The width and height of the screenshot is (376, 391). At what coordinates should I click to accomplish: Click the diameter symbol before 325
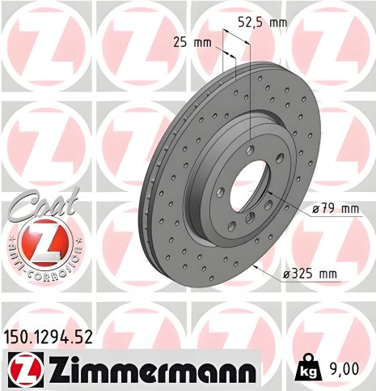point(288,274)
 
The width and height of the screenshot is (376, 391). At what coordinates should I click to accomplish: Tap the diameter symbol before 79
point(315,209)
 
